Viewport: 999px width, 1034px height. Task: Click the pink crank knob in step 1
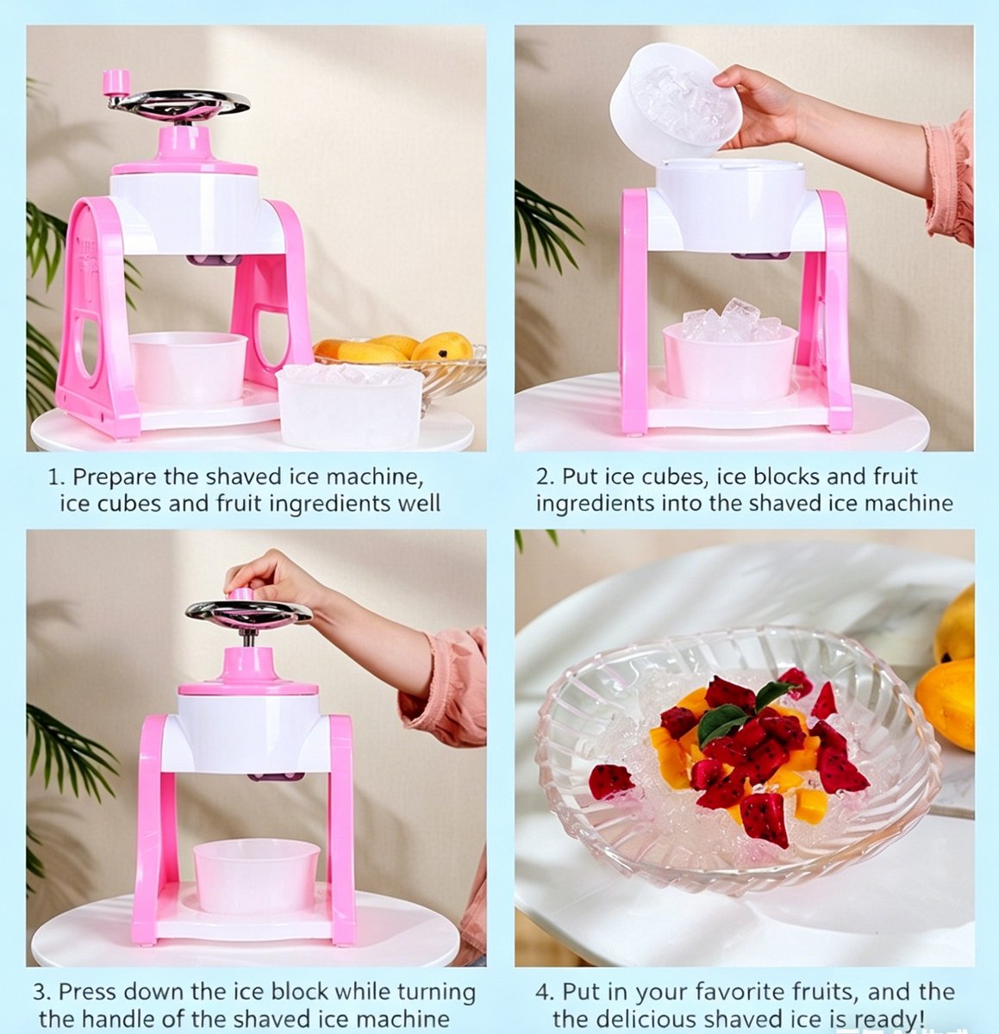click(x=116, y=84)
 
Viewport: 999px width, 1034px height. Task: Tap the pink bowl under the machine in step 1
click(x=188, y=366)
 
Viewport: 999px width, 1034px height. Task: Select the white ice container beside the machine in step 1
click(x=350, y=405)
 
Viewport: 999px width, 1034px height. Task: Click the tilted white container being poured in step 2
click(x=676, y=101)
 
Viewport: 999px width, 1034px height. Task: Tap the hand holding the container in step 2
click(x=760, y=106)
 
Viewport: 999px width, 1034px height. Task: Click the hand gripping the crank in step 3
click(x=271, y=579)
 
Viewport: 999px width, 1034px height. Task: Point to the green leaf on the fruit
click(x=721, y=723)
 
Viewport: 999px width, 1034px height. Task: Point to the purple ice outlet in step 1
click(x=214, y=260)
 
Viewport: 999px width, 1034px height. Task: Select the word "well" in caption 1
click(x=419, y=503)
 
